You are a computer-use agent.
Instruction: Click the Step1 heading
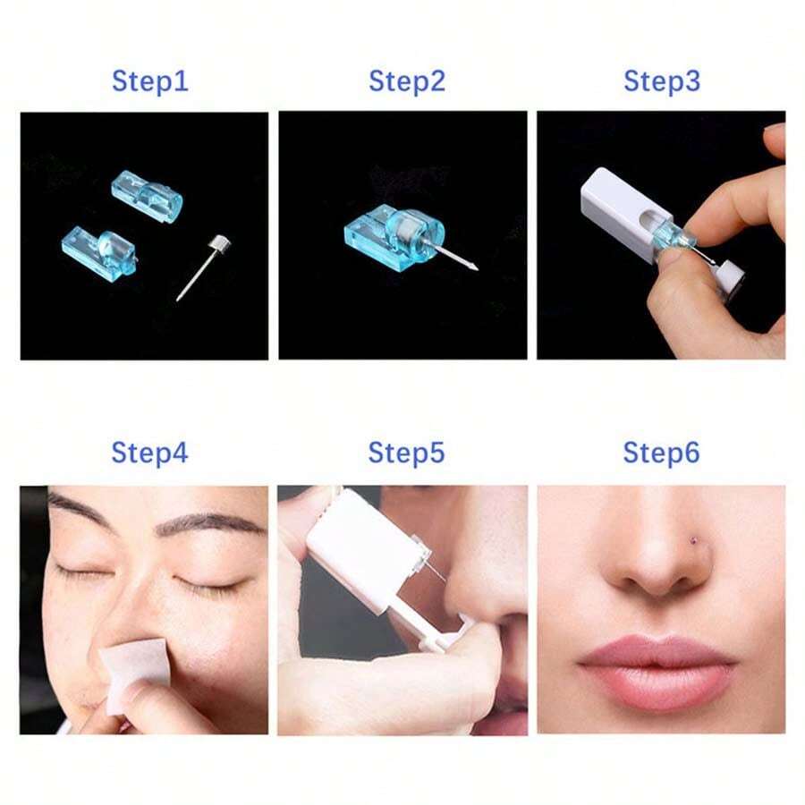149,81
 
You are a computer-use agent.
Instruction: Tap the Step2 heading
406,81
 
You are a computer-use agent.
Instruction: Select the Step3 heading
661,81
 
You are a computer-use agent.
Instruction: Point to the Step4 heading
149,453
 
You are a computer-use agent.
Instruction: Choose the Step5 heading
406,453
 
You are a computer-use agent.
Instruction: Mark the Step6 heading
661,453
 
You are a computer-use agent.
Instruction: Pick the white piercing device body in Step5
358,550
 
